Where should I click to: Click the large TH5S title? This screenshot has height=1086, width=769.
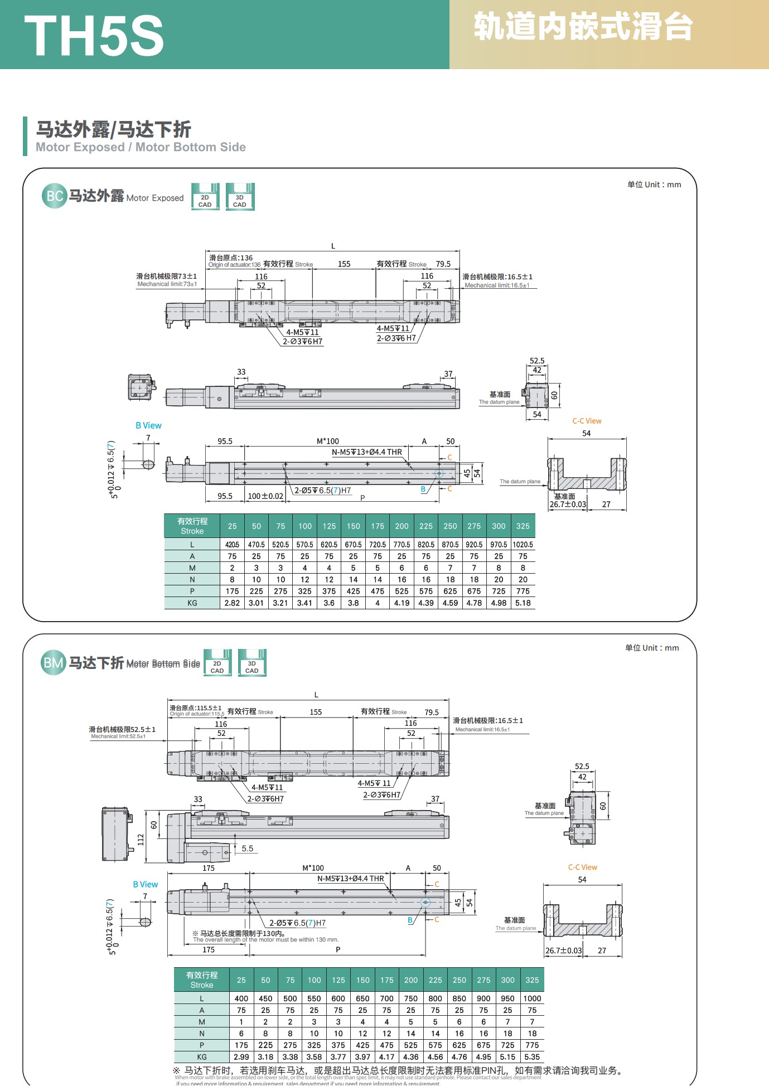pos(94,36)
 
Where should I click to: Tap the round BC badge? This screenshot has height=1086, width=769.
pos(54,196)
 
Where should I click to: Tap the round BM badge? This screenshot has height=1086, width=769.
pos(54,663)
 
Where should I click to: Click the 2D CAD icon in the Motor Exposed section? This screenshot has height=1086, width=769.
pos(205,197)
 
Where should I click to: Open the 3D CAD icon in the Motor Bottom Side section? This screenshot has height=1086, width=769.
pos(252,663)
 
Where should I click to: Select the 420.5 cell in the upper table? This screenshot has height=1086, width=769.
pos(232,545)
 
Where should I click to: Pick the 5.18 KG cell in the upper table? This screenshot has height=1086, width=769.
pos(523,603)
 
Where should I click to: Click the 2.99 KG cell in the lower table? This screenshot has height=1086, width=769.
pos(241,1057)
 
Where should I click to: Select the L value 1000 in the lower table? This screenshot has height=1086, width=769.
pos(532,998)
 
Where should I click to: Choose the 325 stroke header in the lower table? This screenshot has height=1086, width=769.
pos(532,980)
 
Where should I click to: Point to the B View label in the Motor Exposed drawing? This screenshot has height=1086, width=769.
pos(148,425)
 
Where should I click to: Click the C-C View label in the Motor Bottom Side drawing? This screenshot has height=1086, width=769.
pos(582,867)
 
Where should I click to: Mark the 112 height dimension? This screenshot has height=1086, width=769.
pos(141,839)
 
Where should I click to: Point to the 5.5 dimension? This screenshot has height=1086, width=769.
pos(247,849)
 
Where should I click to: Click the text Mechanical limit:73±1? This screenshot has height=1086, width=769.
pos(167,284)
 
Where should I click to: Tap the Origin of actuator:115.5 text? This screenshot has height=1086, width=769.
pos(197,714)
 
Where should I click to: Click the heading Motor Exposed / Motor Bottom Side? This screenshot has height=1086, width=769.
pos(141,147)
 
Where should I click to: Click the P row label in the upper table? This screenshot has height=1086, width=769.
pos(192,592)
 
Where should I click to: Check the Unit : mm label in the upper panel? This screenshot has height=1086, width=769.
pos(654,185)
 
